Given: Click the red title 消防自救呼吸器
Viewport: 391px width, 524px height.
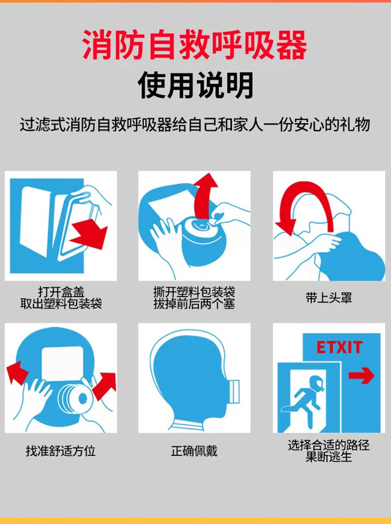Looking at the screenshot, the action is [194, 45].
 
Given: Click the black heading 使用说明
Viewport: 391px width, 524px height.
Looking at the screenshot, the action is [195, 85].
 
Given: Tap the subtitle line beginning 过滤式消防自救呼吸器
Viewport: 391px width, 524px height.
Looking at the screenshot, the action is [195, 124].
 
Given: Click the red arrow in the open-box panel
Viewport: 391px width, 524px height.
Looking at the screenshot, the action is [89, 233].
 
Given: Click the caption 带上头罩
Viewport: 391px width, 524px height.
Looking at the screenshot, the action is [329, 297].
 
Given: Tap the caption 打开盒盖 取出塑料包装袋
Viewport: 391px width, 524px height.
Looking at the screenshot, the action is [61, 297].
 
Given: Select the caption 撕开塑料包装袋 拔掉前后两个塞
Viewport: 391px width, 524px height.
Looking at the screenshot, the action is [194, 297].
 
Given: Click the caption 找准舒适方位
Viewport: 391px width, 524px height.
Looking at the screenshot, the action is [60, 451].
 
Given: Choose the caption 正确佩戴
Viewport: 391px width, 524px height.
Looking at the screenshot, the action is [194, 451].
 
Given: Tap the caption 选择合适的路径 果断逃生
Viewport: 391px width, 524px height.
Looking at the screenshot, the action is [329, 451].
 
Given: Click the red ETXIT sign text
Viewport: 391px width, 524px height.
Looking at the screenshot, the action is [339, 347].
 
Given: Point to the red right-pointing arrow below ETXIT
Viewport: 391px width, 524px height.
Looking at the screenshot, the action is [361, 376].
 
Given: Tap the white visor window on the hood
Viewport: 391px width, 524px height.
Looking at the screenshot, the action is [63, 363].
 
